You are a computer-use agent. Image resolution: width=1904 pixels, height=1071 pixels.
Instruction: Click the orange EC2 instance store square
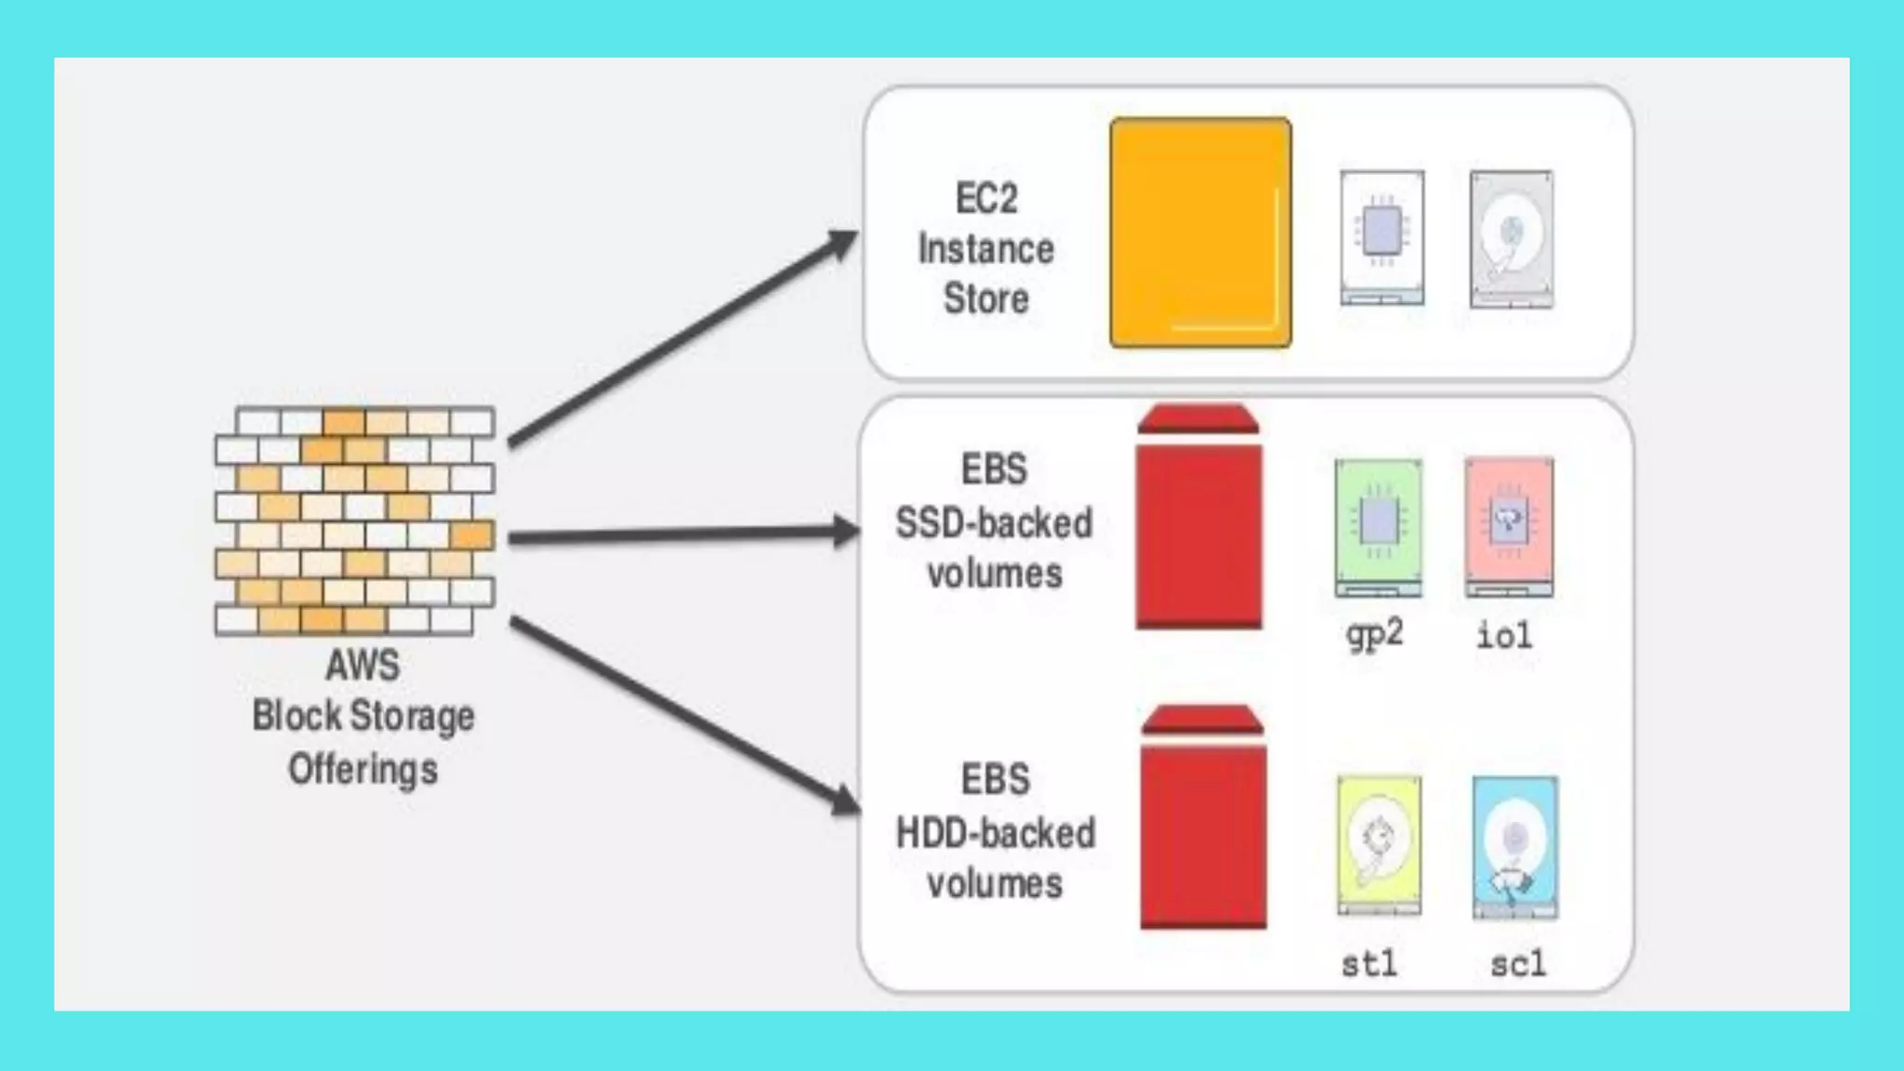coord(1200,232)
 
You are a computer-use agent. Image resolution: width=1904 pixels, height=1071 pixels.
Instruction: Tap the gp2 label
coord(1374,635)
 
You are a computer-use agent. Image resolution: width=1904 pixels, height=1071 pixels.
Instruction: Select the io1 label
coord(1504,636)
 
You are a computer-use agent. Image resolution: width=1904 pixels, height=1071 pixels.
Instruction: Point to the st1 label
coord(1369,963)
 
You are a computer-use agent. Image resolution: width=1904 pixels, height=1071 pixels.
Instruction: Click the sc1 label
coord(1518,963)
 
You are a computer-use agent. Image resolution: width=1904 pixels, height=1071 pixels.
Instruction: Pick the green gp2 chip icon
coord(1378,526)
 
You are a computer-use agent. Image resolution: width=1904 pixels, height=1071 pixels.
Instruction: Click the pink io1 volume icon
coord(1509,526)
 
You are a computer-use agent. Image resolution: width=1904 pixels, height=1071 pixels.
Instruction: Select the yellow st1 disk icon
coord(1379,844)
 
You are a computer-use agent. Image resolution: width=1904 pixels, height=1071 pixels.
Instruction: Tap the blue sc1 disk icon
coord(1515,846)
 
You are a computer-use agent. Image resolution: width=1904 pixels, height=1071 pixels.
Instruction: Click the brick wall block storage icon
coord(354,521)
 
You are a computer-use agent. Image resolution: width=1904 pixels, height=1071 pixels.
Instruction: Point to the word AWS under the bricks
coord(363,666)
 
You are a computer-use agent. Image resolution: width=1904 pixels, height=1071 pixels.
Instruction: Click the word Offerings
coord(363,770)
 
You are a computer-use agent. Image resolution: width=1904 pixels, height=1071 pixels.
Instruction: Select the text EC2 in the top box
coord(986,198)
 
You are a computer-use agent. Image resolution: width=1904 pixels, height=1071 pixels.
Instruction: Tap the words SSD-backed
coord(994,523)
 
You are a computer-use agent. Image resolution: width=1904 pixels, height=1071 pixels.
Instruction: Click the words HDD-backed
coord(995,833)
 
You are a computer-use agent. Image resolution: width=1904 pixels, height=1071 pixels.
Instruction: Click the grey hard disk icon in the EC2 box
coord(1511,238)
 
